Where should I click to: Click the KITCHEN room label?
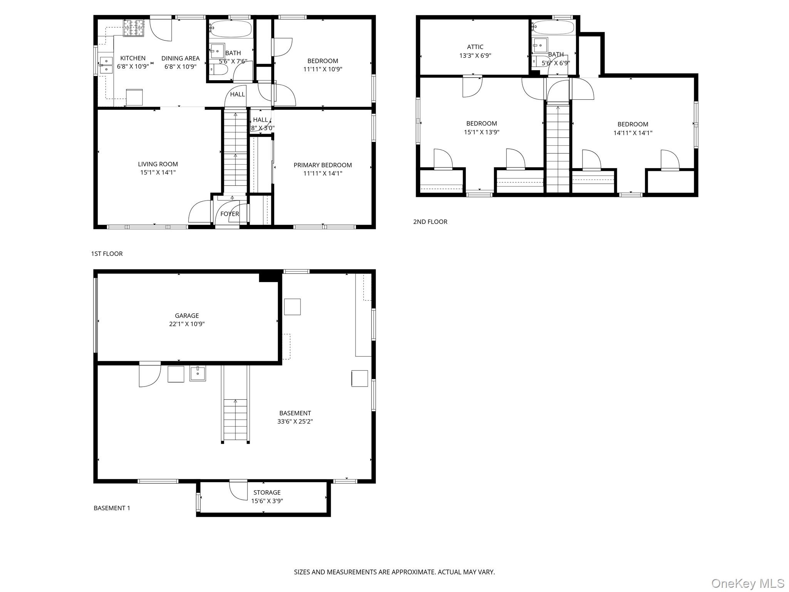pyautogui.click(x=133, y=58)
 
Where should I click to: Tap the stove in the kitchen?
pyautogui.click(x=133, y=28)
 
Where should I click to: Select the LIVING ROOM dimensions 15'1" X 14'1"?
pyautogui.click(x=158, y=173)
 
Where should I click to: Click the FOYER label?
pyautogui.click(x=230, y=214)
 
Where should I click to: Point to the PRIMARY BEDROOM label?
pyautogui.click(x=322, y=165)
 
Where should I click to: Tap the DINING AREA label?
pyautogui.click(x=180, y=58)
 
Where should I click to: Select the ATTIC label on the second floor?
pyautogui.click(x=475, y=47)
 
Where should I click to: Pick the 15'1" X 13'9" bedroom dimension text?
pyautogui.click(x=482, y=132)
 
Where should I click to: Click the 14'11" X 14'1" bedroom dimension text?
pyautogui.click(x=633, y=133)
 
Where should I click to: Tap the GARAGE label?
pyautogui.click(x=187, y=316)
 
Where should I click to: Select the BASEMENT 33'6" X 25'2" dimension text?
pyautogui.click(x=295, y=422)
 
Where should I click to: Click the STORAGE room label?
pyautogui.click(x=267, y=493)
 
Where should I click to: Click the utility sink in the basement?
pyautogui.click(x=198, y=373)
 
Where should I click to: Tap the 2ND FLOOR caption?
pyautogui.click(x=430, y=222)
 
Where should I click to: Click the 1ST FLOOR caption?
pyautogui.click(x=107, y=254)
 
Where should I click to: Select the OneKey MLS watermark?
pyautogui.click(x=747, y=584)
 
